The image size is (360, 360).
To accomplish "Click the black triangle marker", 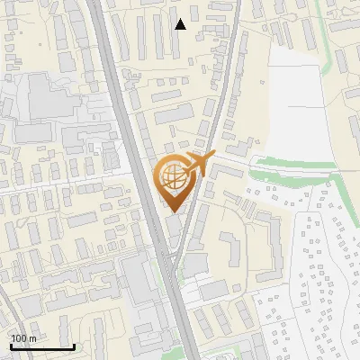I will tap(180, 24).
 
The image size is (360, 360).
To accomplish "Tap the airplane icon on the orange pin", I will tap(198, 165).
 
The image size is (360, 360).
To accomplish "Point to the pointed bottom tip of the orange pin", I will tap(173, 212).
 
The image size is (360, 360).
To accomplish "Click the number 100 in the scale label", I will tap(19, 338).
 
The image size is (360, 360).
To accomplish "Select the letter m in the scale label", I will tap(32, 338).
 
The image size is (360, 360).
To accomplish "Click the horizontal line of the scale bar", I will tap(41, 346).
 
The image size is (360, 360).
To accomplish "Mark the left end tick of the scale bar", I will tap(10, 345).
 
